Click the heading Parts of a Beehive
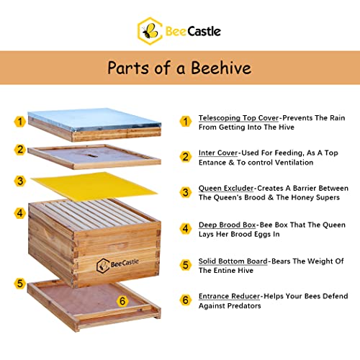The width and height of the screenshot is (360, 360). [179, 68]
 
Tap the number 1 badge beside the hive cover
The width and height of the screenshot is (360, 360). [20, 122]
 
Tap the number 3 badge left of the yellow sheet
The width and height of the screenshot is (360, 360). [20, 181]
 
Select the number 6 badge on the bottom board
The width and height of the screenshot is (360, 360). [122, 300]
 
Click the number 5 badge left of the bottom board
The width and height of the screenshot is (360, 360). [20, 283]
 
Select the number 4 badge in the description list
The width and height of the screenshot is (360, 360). [185, 229]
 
